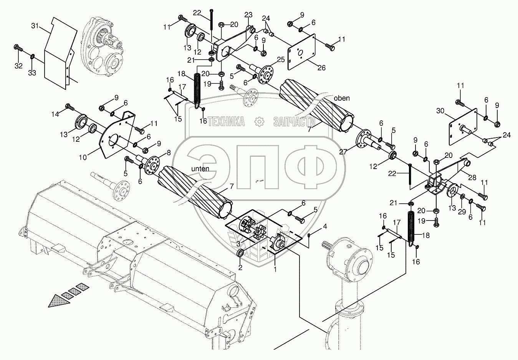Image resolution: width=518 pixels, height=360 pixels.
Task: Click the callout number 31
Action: [x=35, y=26]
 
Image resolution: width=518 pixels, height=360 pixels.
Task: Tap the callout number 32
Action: [x=18, y=66]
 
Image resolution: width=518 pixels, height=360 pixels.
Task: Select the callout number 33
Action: [x=32, y=73]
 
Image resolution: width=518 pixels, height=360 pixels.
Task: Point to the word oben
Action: [x=342, y=98]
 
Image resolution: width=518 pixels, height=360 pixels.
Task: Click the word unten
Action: [x=200, y=169]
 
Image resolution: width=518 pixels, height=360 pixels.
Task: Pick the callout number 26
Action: [x=322, y=68]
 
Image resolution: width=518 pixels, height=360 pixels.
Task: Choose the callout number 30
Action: [x=440, y=111]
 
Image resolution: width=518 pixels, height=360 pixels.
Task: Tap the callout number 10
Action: [x=83, y=158]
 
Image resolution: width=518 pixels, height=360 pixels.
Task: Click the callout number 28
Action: [x=472, y=178]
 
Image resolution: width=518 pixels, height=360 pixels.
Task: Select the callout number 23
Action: [x=248, y=15]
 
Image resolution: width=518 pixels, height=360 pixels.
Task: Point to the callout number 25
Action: [x=281, y=60]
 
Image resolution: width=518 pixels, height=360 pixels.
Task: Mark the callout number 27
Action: [x=343, y=152]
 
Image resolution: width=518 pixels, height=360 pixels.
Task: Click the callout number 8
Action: [x=169, y=153]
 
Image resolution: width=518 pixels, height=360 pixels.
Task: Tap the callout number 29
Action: [x=462, y=212]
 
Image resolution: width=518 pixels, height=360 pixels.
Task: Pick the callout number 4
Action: [x=325, y=227]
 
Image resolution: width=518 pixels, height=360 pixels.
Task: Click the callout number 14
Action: [x=55, y=114]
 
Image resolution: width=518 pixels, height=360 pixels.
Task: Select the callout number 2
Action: [x=240, y=268]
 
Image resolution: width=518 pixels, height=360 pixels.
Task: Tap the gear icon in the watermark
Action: [x=259, y=122]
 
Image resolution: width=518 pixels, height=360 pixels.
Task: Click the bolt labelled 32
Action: [x=18, y=48]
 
